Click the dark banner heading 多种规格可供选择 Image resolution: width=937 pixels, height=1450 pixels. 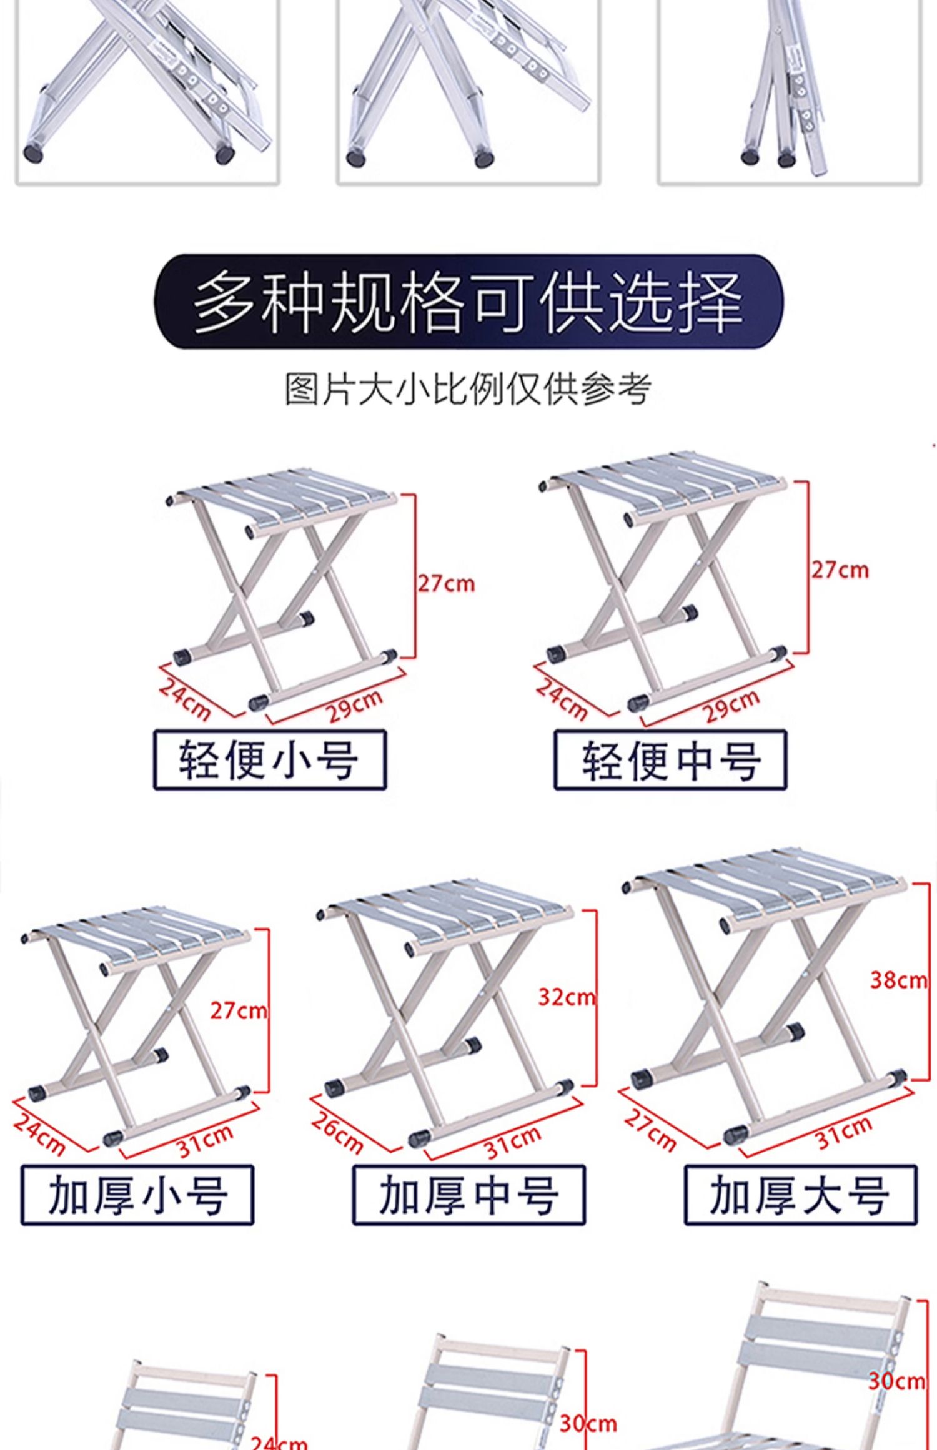[x=468, y=302]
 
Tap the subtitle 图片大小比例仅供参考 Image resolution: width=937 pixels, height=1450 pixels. [x=468, y=388]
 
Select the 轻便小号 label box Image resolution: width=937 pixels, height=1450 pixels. [x=270, y=760]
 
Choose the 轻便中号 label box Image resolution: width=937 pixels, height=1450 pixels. [x=670, y=760]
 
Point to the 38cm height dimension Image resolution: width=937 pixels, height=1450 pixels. [x=898, y=980]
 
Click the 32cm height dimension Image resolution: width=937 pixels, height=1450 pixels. [x=567, y=997]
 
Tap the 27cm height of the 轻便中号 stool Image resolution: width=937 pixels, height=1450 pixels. [x=840, y=570]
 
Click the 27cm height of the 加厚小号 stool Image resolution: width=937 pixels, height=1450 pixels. [x=237, y=1010]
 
